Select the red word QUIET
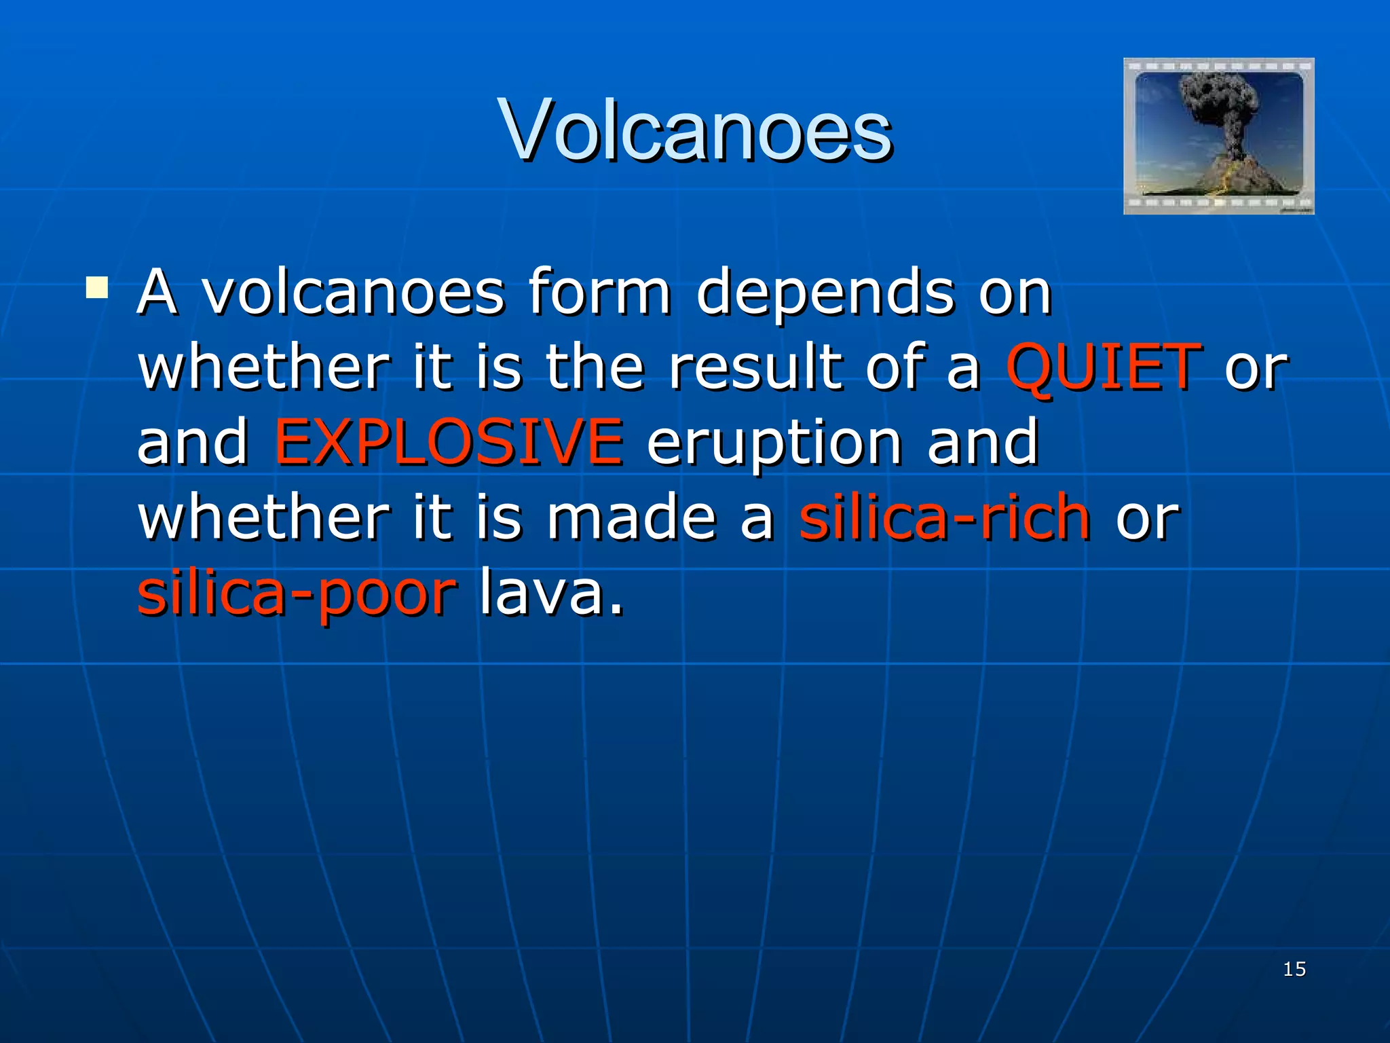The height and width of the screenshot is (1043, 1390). click(x=1104, y=367)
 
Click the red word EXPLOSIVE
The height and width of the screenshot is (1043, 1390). click(x=448, y=442)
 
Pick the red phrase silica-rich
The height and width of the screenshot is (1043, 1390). click(x=945, y=517)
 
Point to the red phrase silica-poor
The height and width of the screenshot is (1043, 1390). click(x=297, y=593)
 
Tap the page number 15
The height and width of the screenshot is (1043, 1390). click(x=1294, y=969)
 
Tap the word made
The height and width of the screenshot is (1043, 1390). click(x=631, y=517)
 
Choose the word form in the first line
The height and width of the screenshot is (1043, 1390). click(x=599, y=292)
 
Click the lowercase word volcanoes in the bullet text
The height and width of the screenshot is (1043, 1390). click(x=354, y=293)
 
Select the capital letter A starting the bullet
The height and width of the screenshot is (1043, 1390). click(x=157, y=292)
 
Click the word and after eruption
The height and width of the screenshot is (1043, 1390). click(x=982, y=442)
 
